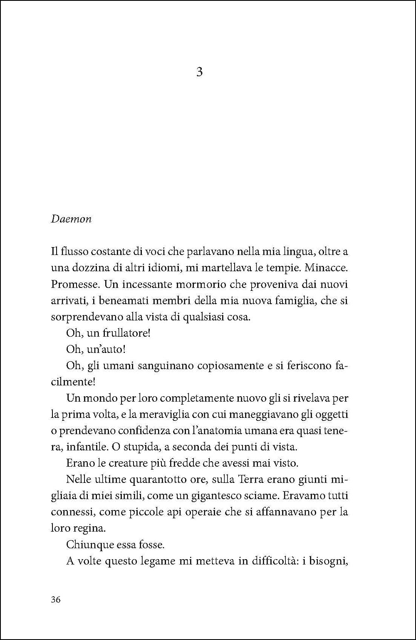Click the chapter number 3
point(199,72)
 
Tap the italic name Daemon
point(71,219)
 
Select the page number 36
point(56,600)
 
